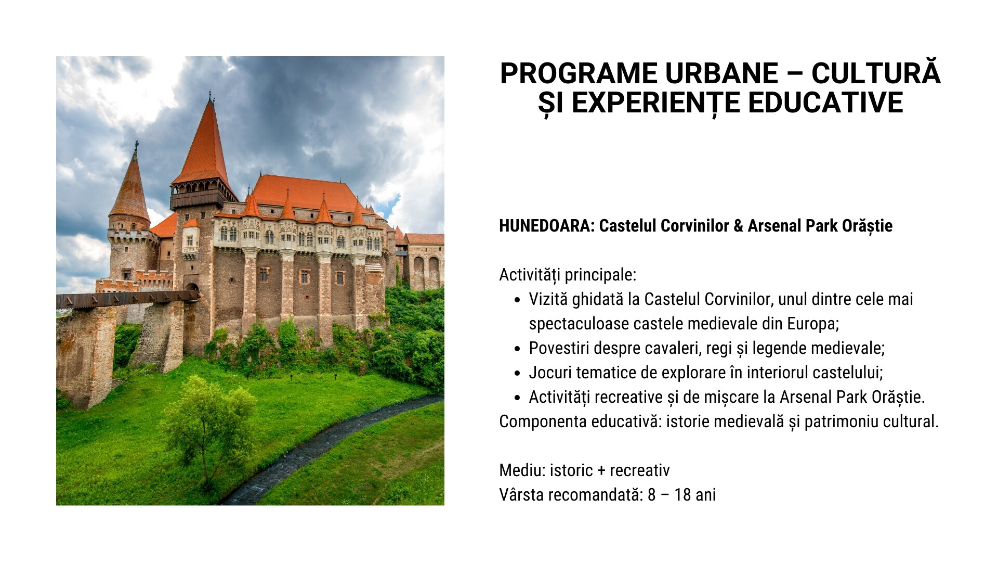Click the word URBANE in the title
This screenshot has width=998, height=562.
click(x=721, y=73)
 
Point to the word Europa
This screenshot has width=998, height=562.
click(x=813, y=324)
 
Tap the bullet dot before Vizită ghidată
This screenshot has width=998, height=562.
click(x=517, y=300)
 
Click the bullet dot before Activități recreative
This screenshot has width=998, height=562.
click(x=517, y=398)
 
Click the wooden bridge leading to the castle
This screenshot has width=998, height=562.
click(x=127, y=299)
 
